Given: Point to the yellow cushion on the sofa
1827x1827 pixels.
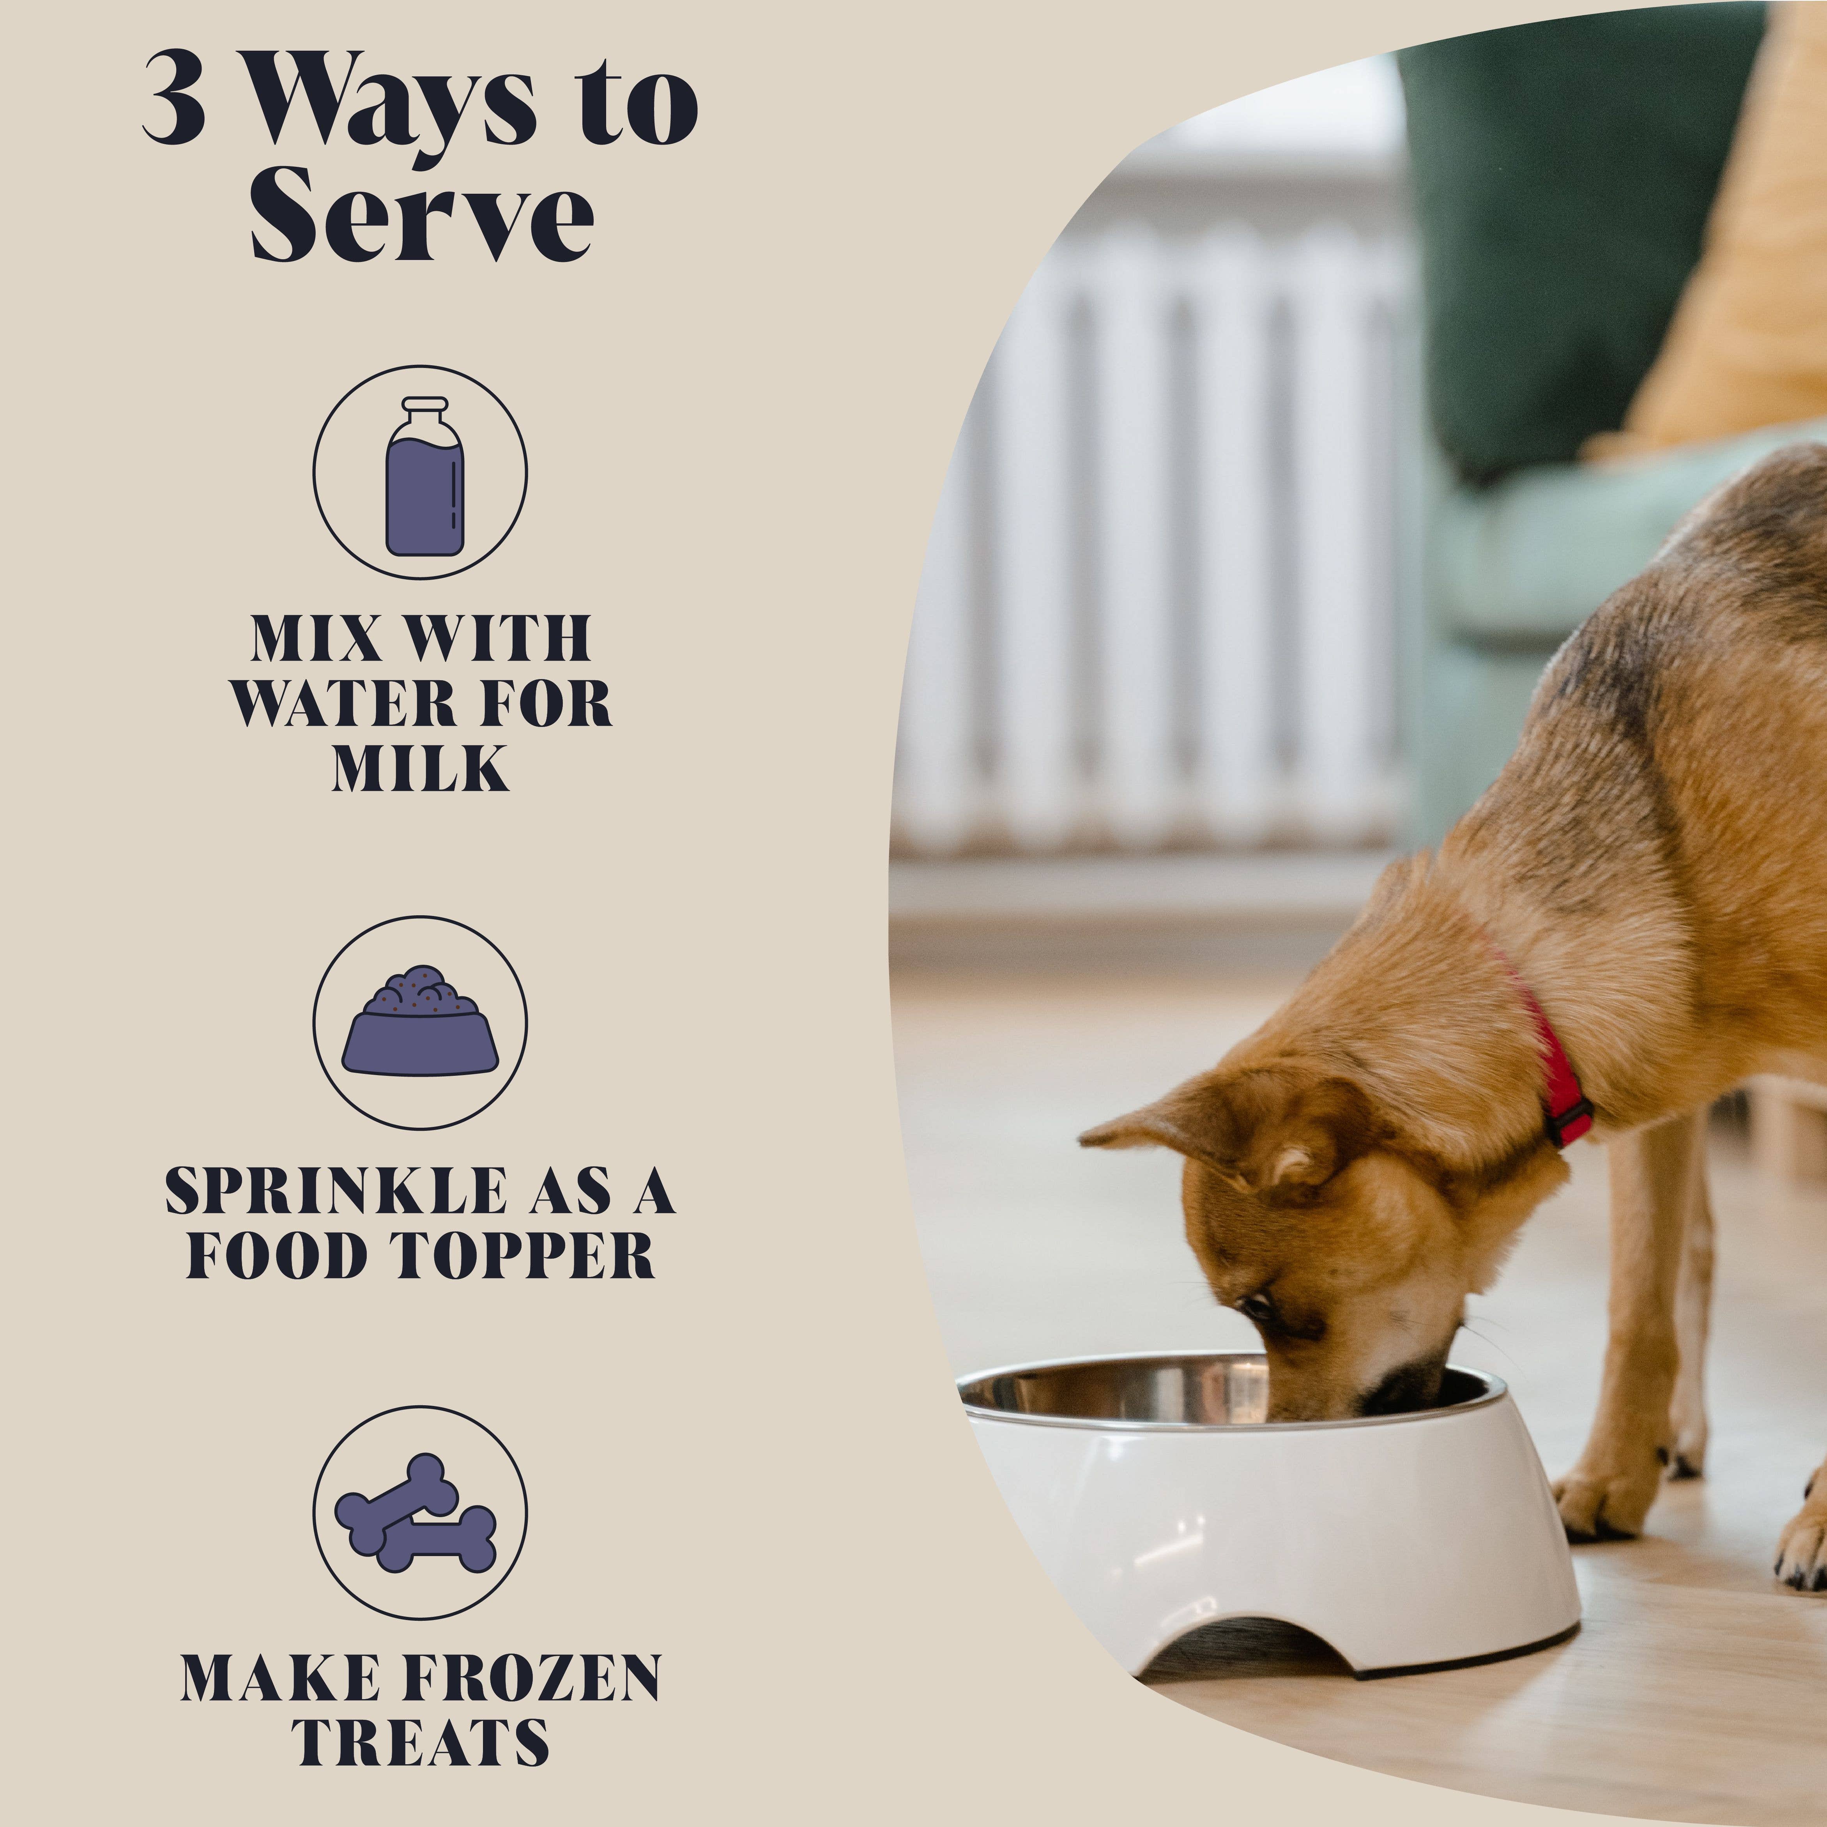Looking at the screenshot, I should tap(1740, 284).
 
